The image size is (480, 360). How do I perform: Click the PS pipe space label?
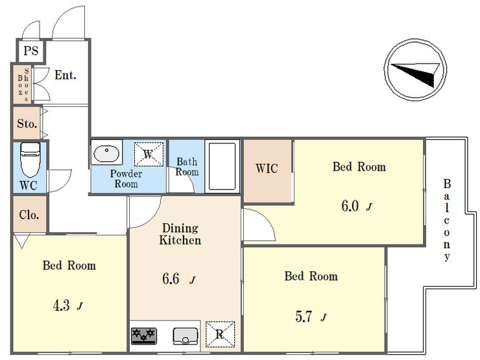point(31,51)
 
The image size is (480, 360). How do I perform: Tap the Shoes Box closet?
point(22,84)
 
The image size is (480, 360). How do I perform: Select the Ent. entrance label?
point(66,75)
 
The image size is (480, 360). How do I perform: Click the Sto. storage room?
point(27,123)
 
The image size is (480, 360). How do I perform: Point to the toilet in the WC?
point(30,159)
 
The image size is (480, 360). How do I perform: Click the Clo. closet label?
point(29,215)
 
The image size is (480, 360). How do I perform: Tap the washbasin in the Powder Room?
point(106,153)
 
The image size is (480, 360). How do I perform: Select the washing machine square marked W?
point(149,154)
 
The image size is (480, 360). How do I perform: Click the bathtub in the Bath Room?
point(222,167)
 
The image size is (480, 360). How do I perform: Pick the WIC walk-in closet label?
point(267,169)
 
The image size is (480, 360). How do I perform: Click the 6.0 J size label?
point(357,206)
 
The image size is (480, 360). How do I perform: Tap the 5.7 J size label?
point(311,317)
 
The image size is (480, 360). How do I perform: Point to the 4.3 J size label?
point(67,306)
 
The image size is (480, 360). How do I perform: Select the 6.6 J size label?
point(179,279)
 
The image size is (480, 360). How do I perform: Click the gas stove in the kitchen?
point(144,336)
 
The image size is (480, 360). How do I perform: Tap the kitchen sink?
point(186,336)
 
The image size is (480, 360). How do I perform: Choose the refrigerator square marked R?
point(220,334)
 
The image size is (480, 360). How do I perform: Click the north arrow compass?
point(415,69)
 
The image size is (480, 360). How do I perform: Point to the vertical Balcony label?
point(447,220)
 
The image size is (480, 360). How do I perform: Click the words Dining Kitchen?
point(180,234)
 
